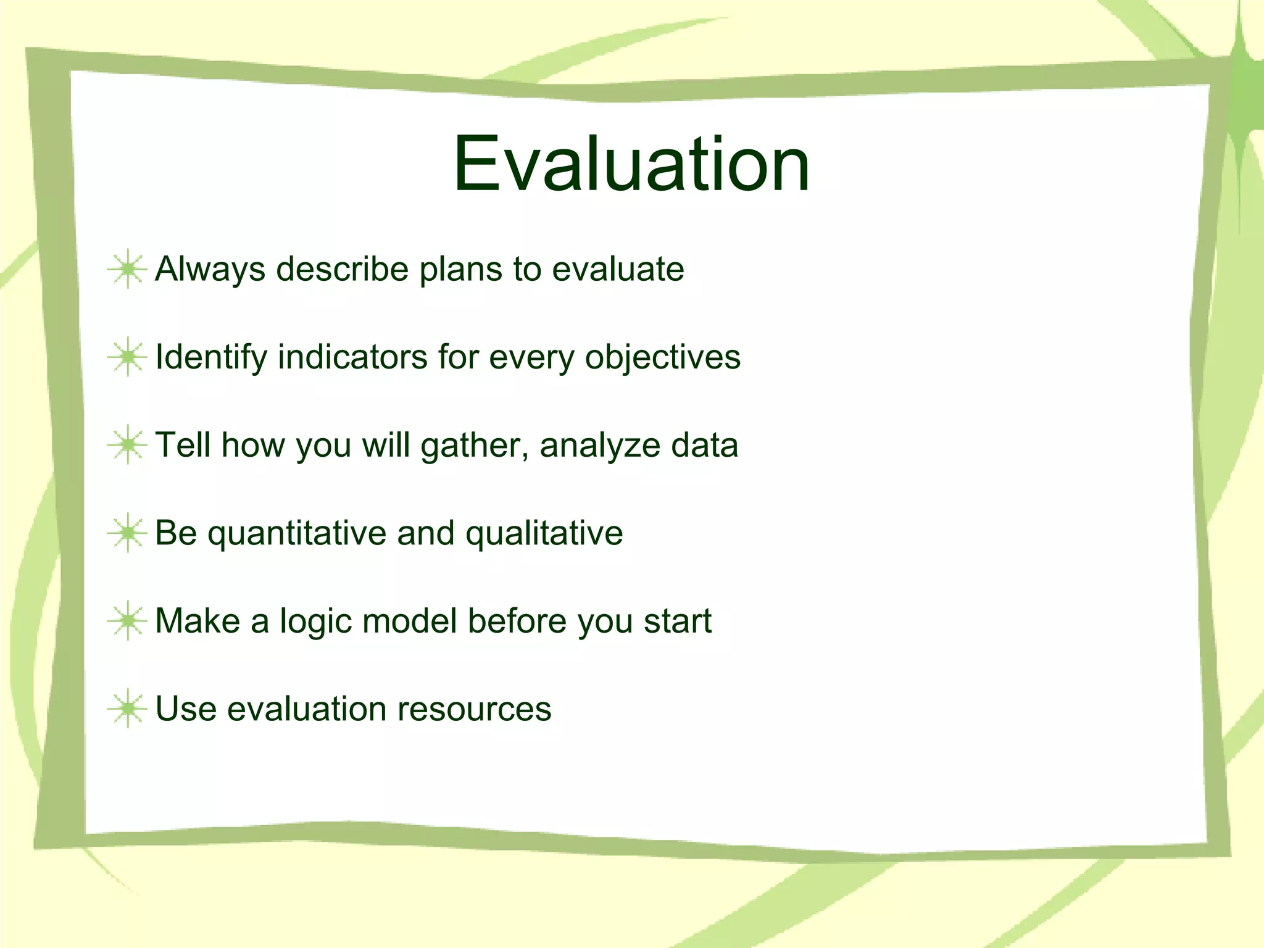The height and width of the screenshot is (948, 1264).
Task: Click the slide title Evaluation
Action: coord(631,164)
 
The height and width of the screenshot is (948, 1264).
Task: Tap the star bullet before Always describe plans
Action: coord(127,269)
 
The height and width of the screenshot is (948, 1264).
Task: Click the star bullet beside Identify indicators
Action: coord(127,357)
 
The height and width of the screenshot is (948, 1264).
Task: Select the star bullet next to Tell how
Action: coord(127,444)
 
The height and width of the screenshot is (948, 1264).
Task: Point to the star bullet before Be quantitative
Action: coord(127,533)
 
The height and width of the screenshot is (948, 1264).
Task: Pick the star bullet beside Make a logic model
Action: coord(127,620)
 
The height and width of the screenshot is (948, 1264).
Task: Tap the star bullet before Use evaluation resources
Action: coord(127,709)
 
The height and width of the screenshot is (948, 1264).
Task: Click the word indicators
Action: coord(352,357)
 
